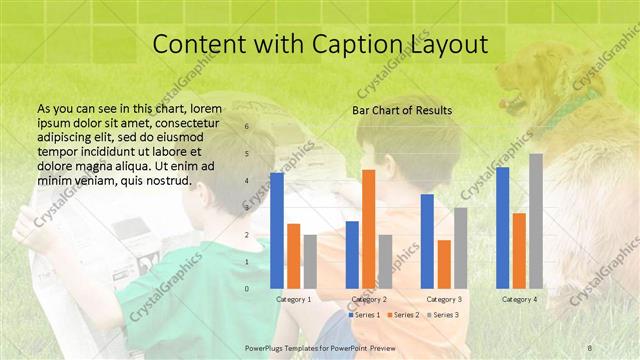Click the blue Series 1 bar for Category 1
[x=277, y=231]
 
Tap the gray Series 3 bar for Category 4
[x=536, y=221]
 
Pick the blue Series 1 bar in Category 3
[x=427, y=241]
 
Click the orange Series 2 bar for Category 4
[x=519, y=250]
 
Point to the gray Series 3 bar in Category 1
[x=310, y=261]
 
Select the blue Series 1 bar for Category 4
[x=502, y=227]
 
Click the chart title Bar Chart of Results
[x=402, y=110]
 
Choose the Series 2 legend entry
[x=402, y=315]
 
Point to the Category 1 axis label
[x=294, y=299]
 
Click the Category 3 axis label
[x=444, y=299]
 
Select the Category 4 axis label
[x=519, y=299]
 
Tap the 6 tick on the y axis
[x=247, y=127]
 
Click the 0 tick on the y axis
[x=247, y=288]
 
